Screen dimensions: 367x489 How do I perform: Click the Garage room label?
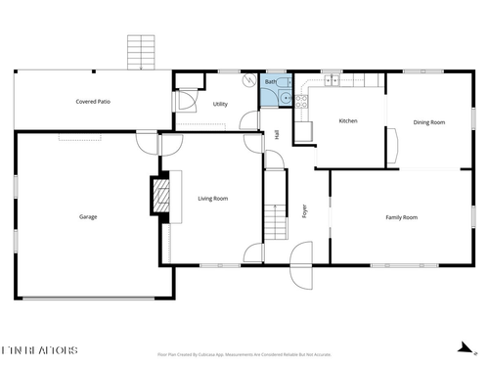[x=88, y=217]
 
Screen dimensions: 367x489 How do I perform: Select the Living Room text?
[x=213, y=199]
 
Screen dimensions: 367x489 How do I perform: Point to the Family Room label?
[x=401, y=217]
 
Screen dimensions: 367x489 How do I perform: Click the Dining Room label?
[x=429, y=122]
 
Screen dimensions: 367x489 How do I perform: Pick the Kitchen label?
[x=348, y=121]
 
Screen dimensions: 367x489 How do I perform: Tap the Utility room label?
[x=220, y=103]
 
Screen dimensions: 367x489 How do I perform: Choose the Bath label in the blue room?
[x=270, y=82]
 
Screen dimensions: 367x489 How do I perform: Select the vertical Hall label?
[x=277, y=133]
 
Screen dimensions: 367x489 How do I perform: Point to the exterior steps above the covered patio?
[x=142, y=51]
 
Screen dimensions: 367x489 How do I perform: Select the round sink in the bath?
[x=285, y=97]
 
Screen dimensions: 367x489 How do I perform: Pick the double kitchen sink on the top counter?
[x=333, y=79]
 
